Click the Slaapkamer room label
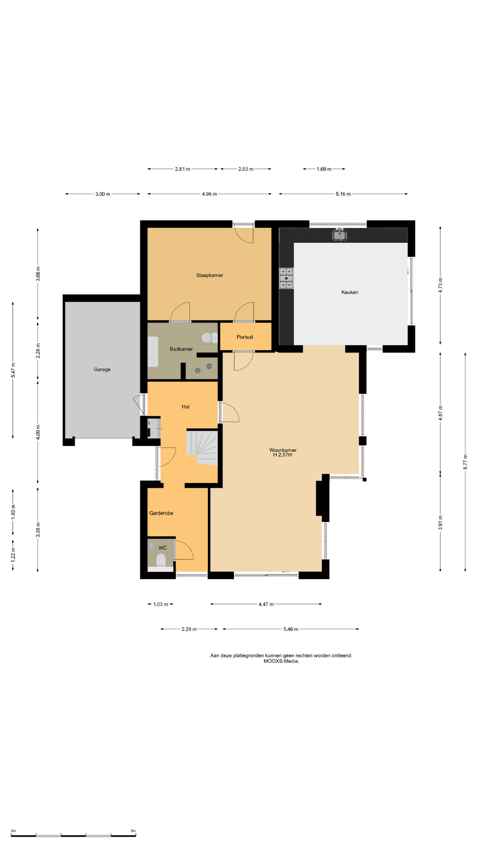[x=209, y=275]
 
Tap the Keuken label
[x=350, y=292]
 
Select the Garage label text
[x=102, y=369]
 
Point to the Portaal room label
[x=245, y=337]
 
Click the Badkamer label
[x=181, y=349]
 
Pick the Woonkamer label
[x=283, y=450]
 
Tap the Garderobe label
[x=161, y=513]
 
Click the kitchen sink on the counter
[x=339, y=235]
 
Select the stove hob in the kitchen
[x=286, y=278]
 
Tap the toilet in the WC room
[x=161, y=560]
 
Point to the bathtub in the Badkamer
[x=153, y=352]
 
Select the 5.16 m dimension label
[x=343, y=194]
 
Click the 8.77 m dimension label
[x=465, y=462]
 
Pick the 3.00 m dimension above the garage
[x=103, y=194]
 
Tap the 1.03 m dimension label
[x=161, y=604]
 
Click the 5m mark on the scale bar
[x=133, y=831]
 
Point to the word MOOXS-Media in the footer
[x=281, y=661]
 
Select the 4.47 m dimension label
[x=266, y=604]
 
